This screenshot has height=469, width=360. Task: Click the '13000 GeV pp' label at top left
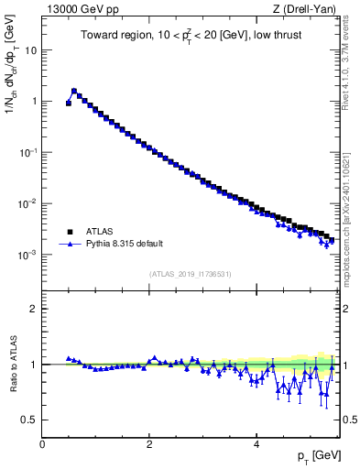coord(76,9)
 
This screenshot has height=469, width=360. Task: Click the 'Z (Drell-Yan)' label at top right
coord(305,9)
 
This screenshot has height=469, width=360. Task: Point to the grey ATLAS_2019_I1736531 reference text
coord(190,274)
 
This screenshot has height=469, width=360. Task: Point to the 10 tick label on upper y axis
coord(30,50)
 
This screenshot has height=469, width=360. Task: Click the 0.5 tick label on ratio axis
coord(30,420)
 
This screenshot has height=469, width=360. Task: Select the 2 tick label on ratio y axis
coord(34,309)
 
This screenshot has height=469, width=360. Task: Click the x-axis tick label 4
coord(256,443)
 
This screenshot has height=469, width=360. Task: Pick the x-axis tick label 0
coord(42,443)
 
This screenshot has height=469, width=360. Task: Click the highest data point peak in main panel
coord(74,91)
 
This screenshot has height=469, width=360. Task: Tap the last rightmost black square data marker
coord(331,240)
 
